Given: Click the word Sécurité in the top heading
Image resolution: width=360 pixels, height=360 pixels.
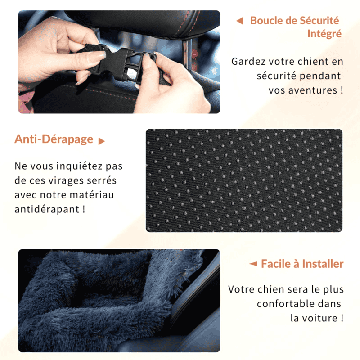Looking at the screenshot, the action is (x=319, y=20).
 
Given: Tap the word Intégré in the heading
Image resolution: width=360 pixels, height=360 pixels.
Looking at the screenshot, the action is (x=324, y=34).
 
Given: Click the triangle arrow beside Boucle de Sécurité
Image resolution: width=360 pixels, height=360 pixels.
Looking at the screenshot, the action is (x=240, y=21).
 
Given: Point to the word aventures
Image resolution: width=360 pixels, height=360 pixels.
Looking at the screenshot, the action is (x=313, y=90).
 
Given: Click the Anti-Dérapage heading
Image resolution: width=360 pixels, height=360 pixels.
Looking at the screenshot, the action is (x=54, y=139).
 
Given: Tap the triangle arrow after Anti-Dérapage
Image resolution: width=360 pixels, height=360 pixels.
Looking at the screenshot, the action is (x=102, y=141).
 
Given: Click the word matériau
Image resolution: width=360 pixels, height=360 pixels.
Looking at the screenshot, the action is (x=92, y=195).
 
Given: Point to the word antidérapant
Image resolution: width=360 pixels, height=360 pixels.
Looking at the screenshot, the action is (x=47, y=209).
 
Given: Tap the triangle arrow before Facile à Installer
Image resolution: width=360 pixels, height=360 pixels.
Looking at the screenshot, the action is (x=253, y=264).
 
